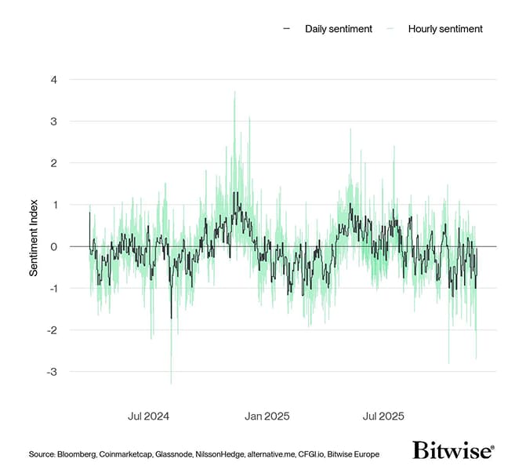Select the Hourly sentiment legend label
[x=445, y=29]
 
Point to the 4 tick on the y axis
[x=53, y=80]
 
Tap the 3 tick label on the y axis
[x=53, y=122]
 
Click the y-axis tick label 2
[x=53, y=163]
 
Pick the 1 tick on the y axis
[x=53, y=205]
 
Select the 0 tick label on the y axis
[x=53, y=246]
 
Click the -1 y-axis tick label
[x=51, y=288]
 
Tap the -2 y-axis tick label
[x=51, y=329]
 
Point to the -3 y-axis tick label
[x=51, y=371]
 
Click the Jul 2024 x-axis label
[x=149, y=416]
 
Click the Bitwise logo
[x=453, y=450]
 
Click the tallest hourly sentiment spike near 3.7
[x=234, y=93]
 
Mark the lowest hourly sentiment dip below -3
[x=171, y=383]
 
